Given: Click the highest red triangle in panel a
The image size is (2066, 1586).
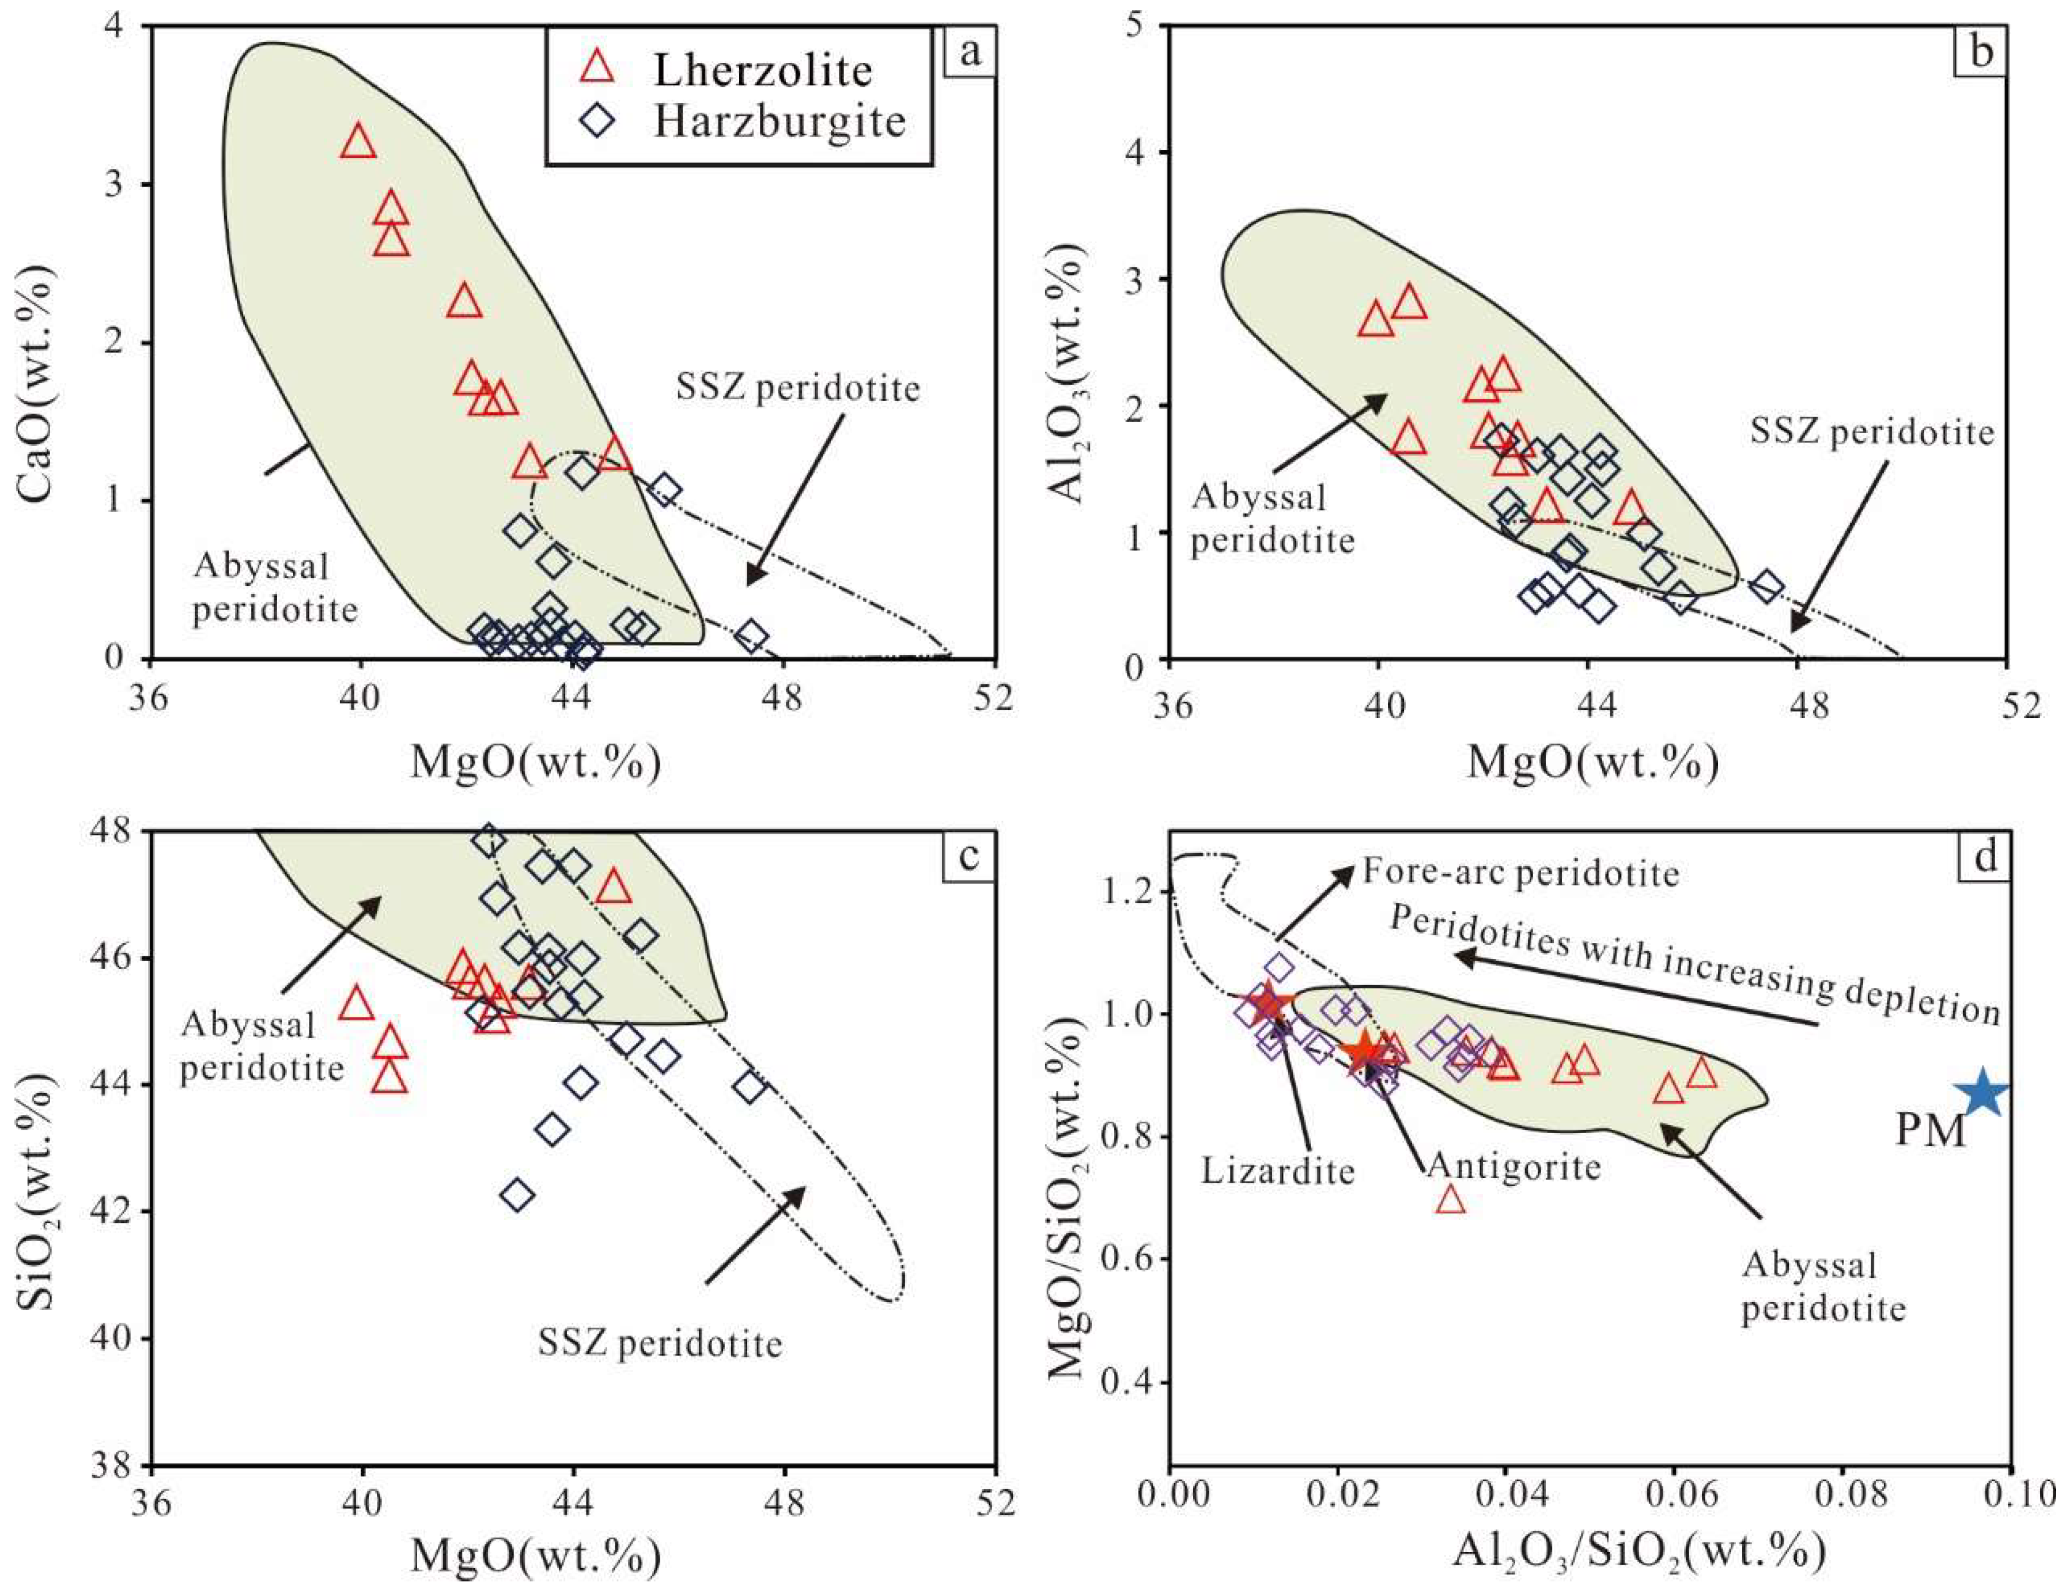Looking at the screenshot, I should click(358, 142).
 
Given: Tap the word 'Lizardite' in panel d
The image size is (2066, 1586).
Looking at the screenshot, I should click(1277, 1172).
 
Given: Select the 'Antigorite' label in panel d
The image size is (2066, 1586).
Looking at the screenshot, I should click(1513, 1167).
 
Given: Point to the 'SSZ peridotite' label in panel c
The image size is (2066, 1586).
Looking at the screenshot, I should click(660, 1342).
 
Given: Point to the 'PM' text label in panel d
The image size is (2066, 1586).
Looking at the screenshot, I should click(1930, 1129).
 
